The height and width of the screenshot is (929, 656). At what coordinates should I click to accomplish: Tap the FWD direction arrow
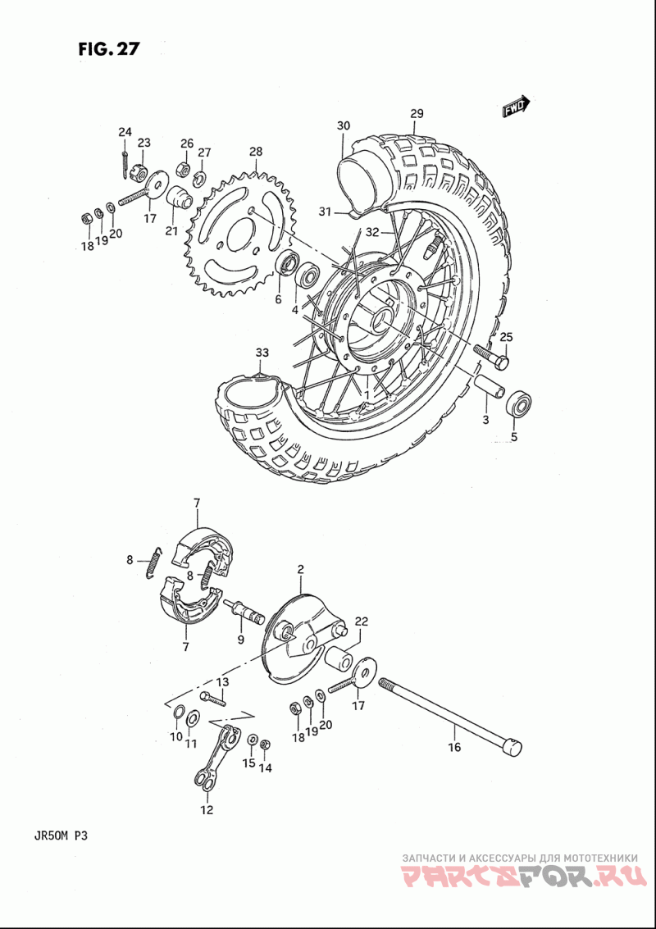click(516, 107)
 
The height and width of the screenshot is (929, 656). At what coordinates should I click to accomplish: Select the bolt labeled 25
click(491, 355)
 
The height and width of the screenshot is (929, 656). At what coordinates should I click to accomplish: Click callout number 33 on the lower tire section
click(262, 353)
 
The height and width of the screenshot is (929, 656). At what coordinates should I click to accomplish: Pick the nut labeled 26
click(184, 170)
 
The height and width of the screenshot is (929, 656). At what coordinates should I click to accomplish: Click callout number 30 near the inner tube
click(344, 125)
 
